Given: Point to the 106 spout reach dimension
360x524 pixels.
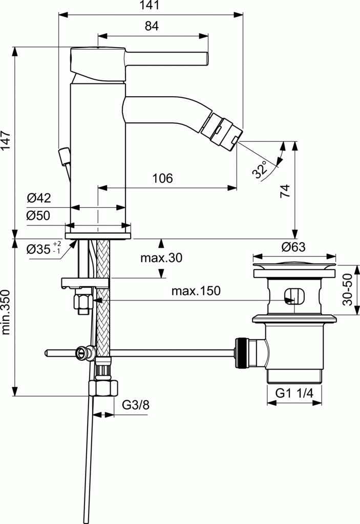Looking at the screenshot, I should [162, 178].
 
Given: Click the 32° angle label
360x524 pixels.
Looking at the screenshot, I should [260, 169].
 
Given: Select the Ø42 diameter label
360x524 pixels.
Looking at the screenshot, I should [38, 198].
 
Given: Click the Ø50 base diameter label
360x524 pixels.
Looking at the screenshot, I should [38, 215].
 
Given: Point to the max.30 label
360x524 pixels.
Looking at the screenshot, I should [161, 258].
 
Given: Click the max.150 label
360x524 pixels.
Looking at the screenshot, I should [196, 291].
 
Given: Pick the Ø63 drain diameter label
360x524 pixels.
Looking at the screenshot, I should [293, 247].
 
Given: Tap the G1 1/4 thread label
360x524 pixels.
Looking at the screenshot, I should [294, 393].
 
